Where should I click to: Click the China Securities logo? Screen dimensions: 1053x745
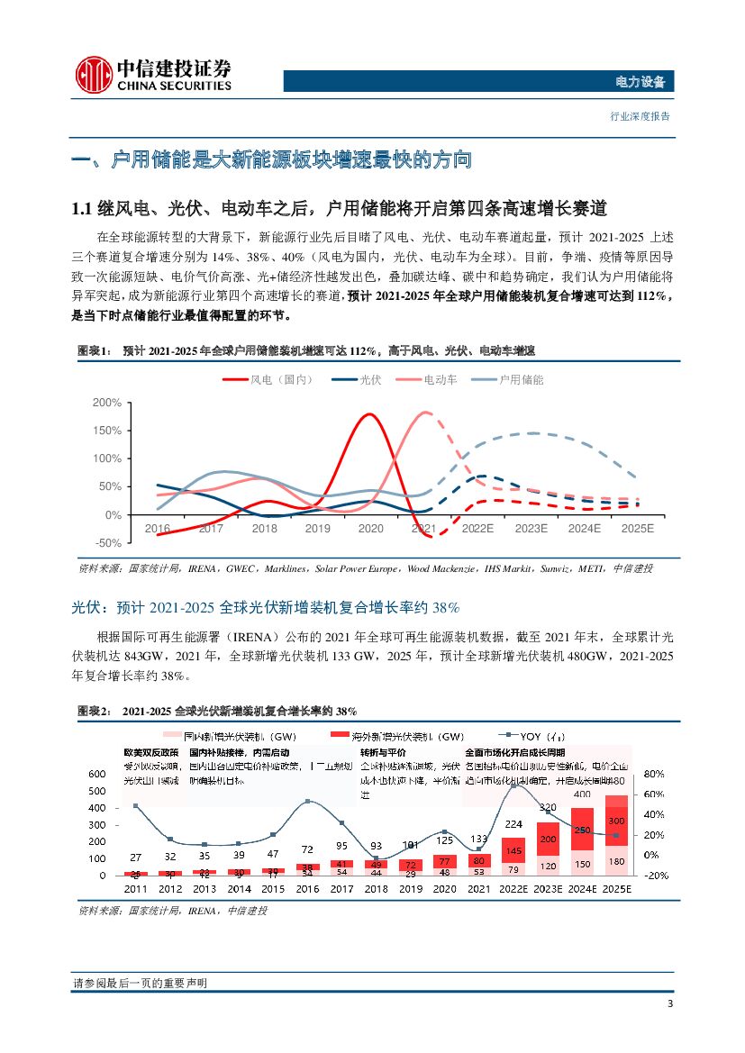[x=153, y=74]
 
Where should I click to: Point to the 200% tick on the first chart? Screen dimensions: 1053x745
[x=107, y=403]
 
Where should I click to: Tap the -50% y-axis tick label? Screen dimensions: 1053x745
[x=108, y=542]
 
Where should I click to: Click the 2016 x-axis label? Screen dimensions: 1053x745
[x=158, y=529]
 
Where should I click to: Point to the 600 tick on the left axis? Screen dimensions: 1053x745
[x=95, y=774]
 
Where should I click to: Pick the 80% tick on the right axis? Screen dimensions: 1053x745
[x=655, y=774]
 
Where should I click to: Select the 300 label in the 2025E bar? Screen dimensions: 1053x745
[x=615, y=822]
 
